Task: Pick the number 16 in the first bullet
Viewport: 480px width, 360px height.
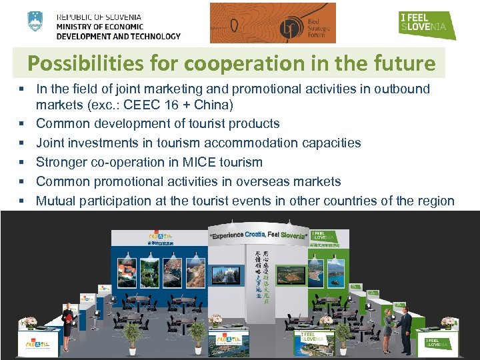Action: click(164, 105)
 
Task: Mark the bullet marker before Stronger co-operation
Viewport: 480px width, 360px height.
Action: click(23, 162)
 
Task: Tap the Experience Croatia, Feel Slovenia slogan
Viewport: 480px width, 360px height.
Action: click(259, 235)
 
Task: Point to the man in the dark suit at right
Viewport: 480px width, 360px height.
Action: click(405, 327)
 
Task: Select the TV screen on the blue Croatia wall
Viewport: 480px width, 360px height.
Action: click(230, 273)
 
